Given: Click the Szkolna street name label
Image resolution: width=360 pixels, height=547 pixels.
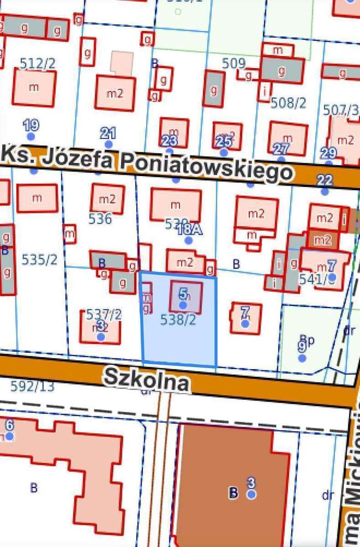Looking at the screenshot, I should click(x=147, y=379).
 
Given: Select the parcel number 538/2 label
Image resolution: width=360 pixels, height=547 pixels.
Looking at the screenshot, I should click(x=178, y=320).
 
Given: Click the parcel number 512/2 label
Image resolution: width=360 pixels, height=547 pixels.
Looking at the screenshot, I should click(x=38, y=64).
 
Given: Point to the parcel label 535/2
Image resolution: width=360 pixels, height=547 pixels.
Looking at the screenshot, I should click(x=39, y=259).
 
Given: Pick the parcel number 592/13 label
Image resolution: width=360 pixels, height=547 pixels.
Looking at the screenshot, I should click(x=33, y=386).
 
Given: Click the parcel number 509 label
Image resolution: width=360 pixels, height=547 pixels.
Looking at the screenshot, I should click(x=234, y=63).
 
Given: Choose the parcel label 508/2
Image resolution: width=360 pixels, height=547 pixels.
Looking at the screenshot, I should click(x=289, y=102).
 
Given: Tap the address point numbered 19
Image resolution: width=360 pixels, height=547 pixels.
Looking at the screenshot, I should click(x=31, y=135).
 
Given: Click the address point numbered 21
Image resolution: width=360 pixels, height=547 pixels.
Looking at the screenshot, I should click(x=108, y=143).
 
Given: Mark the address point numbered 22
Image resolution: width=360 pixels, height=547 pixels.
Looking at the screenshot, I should click(x=325, y=191).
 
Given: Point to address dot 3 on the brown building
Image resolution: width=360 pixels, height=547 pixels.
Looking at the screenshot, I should click(x=251, y=494).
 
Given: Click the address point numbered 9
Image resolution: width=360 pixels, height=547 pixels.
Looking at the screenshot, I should click(x=301, y=357).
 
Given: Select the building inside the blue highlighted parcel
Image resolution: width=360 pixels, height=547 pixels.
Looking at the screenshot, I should click(x=186, y=297).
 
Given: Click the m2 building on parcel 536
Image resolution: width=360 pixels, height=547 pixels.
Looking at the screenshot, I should click(x=107, y=198).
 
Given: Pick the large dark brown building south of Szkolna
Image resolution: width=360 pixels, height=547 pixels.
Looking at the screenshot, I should click(x=230, y=481).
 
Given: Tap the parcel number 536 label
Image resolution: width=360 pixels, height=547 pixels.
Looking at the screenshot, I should click(x=100, y=219).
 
